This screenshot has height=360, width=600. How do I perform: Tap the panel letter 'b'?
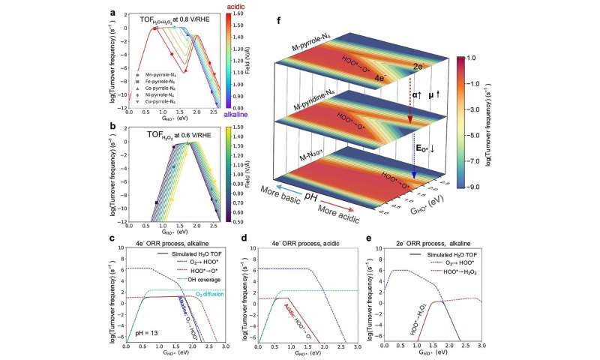(x=111, y=128)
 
